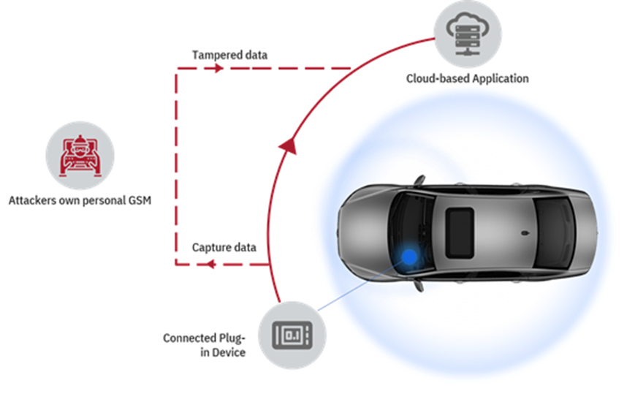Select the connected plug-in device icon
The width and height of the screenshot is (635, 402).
pyautogui.click(x=292, y=335)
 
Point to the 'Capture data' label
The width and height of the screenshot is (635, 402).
pyautogui.click(x=224, y=247)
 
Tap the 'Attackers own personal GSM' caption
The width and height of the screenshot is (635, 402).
pyautogui.click(x=80, y=199)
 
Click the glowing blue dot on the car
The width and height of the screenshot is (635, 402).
pyautogui.click(x=410, y=256)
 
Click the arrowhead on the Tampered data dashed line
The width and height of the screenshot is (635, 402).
pyautogui.click(x=218, y=69)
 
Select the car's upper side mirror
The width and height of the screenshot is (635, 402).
pyautogui.click(x=417, y=179)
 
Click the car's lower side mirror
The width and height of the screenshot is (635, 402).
pyautogui.click(x=418, y=286)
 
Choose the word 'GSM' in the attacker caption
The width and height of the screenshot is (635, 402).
pyautogui.click(x=137, y=199)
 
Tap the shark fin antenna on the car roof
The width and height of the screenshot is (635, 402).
pyautogui.click(x=525, y=232)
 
